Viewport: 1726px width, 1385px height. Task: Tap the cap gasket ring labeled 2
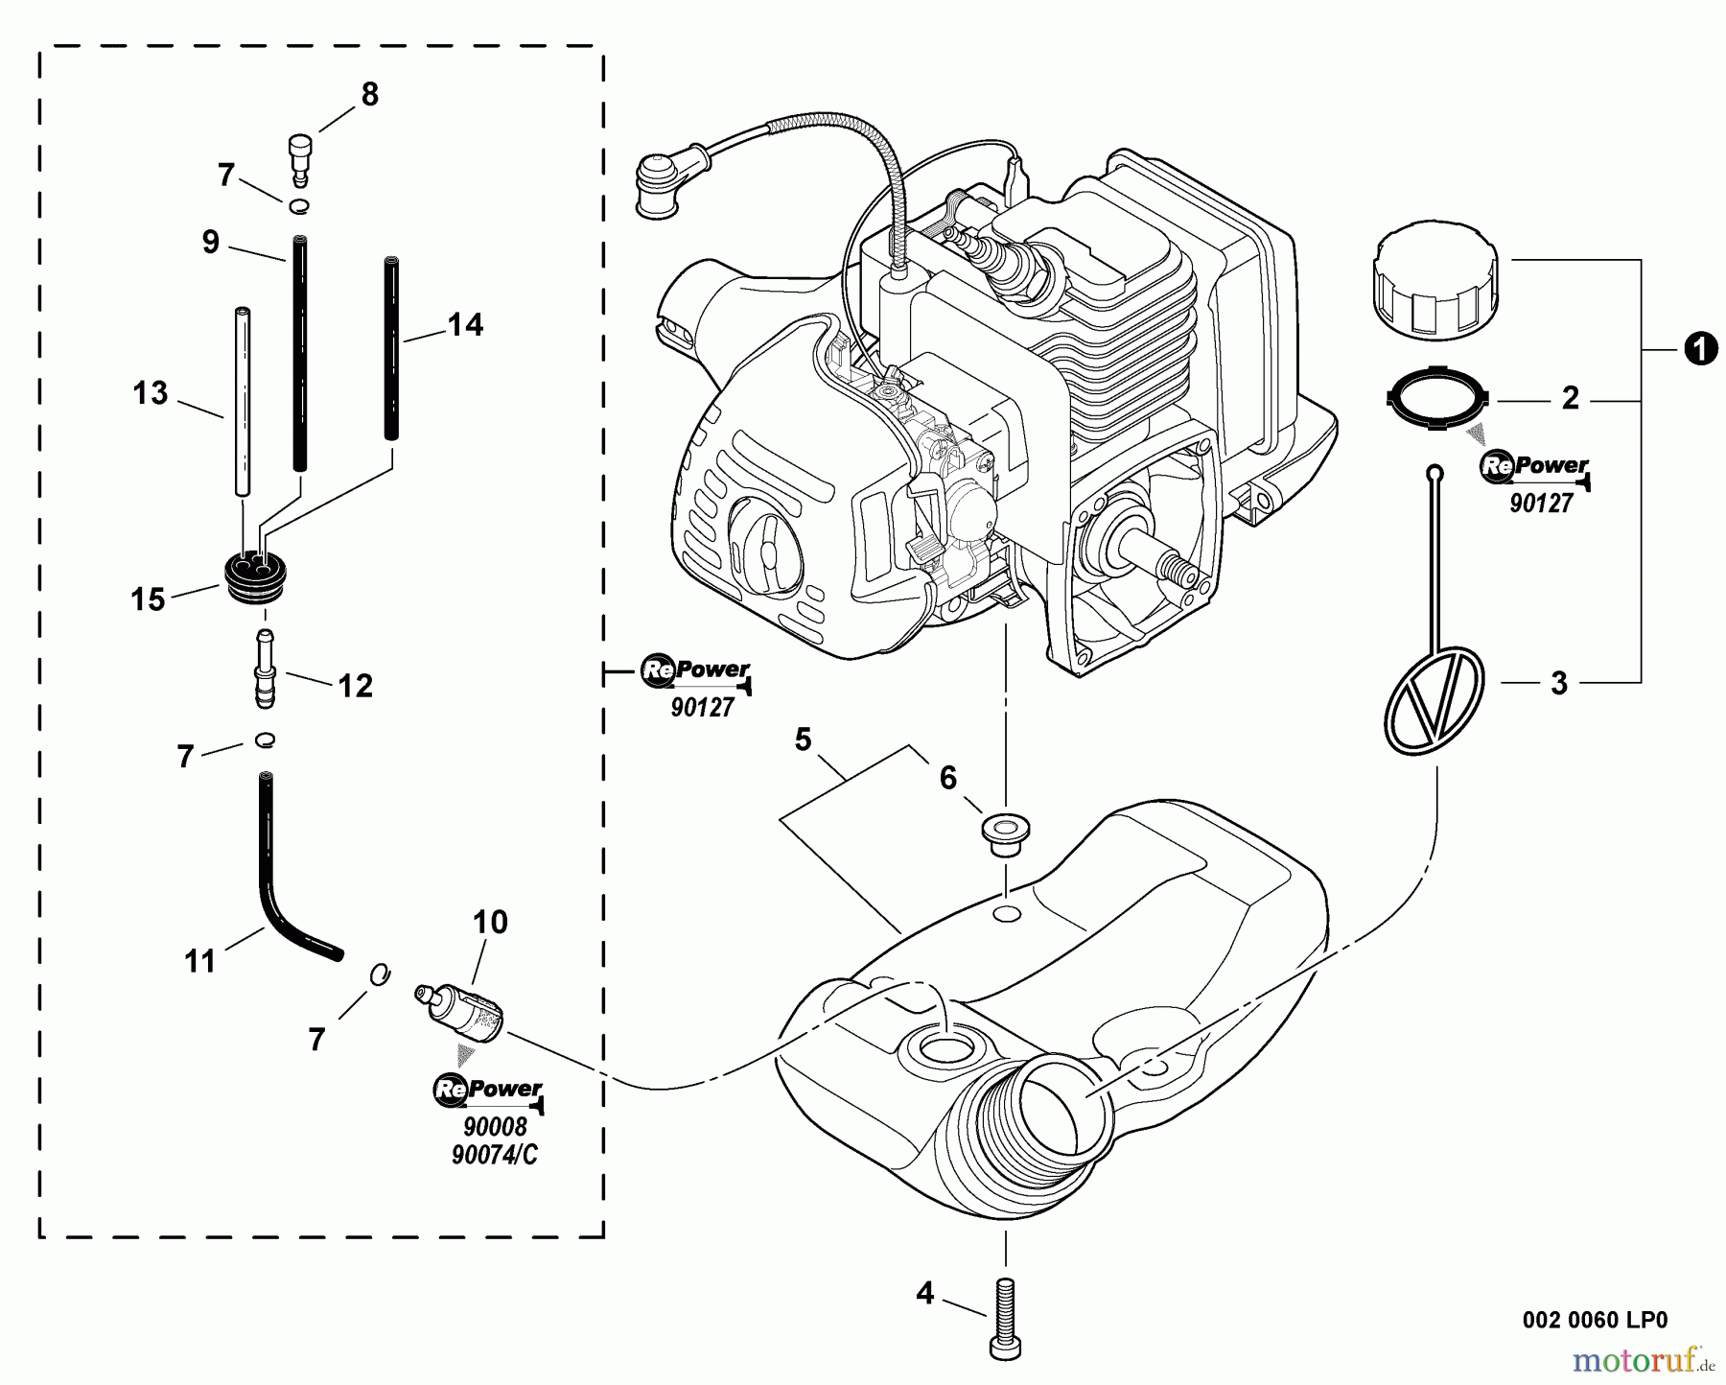pos(1435,397)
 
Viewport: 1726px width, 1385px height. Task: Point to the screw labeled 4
pos(1004,1318)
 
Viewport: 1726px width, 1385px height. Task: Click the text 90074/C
pos(494,1156)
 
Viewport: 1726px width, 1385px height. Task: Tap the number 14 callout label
pos(465,325)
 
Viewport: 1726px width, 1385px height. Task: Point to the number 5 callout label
pos(803,739)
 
